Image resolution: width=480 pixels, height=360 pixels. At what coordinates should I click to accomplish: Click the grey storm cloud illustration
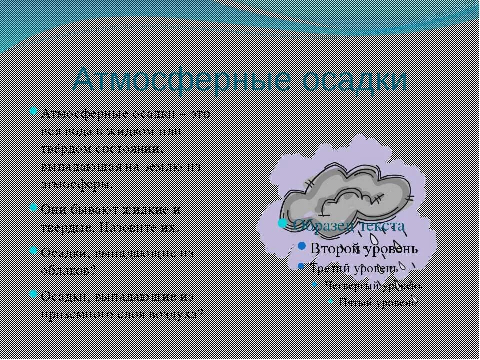click(x=345, y=192)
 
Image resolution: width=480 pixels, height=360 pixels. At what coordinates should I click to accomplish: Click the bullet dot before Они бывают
click(x=33, y=207)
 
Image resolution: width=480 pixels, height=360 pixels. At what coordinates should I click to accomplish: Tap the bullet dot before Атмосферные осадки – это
click(x=33, y=111)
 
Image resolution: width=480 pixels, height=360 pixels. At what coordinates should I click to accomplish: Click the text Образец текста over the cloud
click(x=349, y=226)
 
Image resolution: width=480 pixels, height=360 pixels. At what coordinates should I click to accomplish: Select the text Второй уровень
click(x=364, y=248)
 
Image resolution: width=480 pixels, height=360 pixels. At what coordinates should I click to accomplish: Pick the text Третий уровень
click(x=354, y=268)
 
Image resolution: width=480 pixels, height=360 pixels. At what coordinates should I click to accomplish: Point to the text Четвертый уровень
click(x=373, y=286)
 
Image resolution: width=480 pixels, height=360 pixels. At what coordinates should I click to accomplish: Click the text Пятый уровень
click(x=378, y=302)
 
